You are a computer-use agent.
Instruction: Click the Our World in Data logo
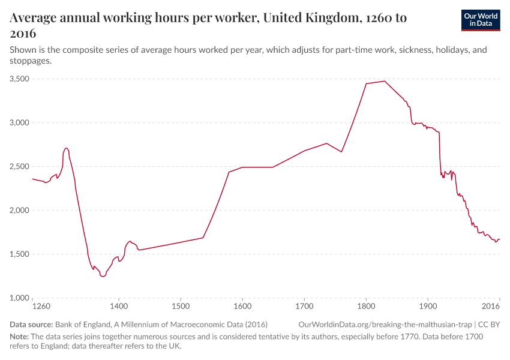[x=480, y=19]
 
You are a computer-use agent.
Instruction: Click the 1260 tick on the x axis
[x=41, y=306]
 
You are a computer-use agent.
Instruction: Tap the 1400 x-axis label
[x=119, y=306]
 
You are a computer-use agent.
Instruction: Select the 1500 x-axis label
[x=181, y=306]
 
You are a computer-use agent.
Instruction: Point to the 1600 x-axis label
[x=242, y=306]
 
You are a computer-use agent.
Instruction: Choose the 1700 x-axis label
[x=304, y=306]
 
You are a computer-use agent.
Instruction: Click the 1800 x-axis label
[x=366, y=306]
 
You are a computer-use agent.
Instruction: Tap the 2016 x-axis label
[x=491, y=306]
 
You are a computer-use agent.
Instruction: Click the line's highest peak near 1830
[x=385, y=81]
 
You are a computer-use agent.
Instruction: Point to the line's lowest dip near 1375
[x=103, y=277]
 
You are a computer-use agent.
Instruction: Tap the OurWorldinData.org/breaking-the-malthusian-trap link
[x=384, y=324]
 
